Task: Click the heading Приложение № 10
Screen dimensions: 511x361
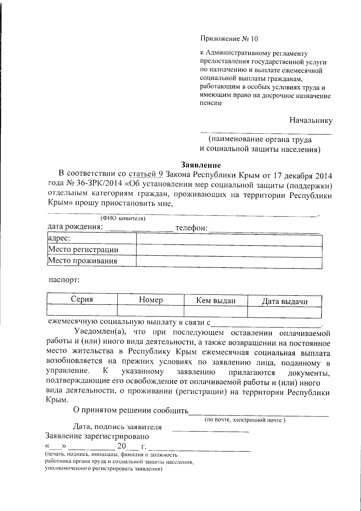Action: [229, 39]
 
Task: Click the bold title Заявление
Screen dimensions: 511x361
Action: [201, 165]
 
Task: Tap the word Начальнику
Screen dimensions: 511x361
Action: [311, 121]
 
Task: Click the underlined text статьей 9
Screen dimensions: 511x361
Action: [146, 174]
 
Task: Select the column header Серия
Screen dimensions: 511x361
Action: [82, 299]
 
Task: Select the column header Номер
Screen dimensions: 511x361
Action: [151, 300]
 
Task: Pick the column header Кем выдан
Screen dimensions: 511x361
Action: [216, 300]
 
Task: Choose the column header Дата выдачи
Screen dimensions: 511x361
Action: [285, 301]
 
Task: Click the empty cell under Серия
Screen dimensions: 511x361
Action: [82, 310]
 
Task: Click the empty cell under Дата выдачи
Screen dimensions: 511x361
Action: [285, 312]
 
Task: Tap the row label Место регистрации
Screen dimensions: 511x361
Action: [83, 249]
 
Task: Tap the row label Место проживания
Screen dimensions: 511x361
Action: [83, 261]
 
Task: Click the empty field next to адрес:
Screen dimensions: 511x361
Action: [229, 240]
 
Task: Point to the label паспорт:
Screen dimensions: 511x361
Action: [64, 280]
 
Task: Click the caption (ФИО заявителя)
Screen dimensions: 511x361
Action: [123, 218]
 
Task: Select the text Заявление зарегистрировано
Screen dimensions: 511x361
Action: [97, 436]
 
